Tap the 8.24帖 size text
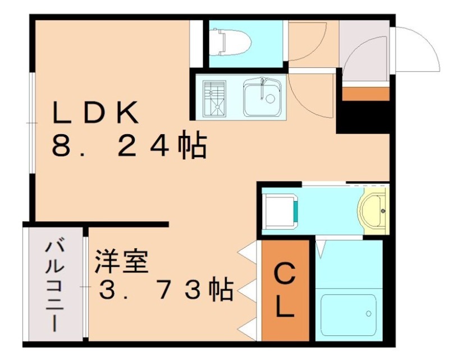[x=129, y=146]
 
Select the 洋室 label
[x=121, y=261]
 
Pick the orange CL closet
[x=285, y=291]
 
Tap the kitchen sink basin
[x=262, y=98]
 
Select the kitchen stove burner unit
[x=213, y=98]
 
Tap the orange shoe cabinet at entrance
[x=365, y=93]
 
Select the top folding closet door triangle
[x=248, y=253]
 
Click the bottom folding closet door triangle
[x=248, y=328]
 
